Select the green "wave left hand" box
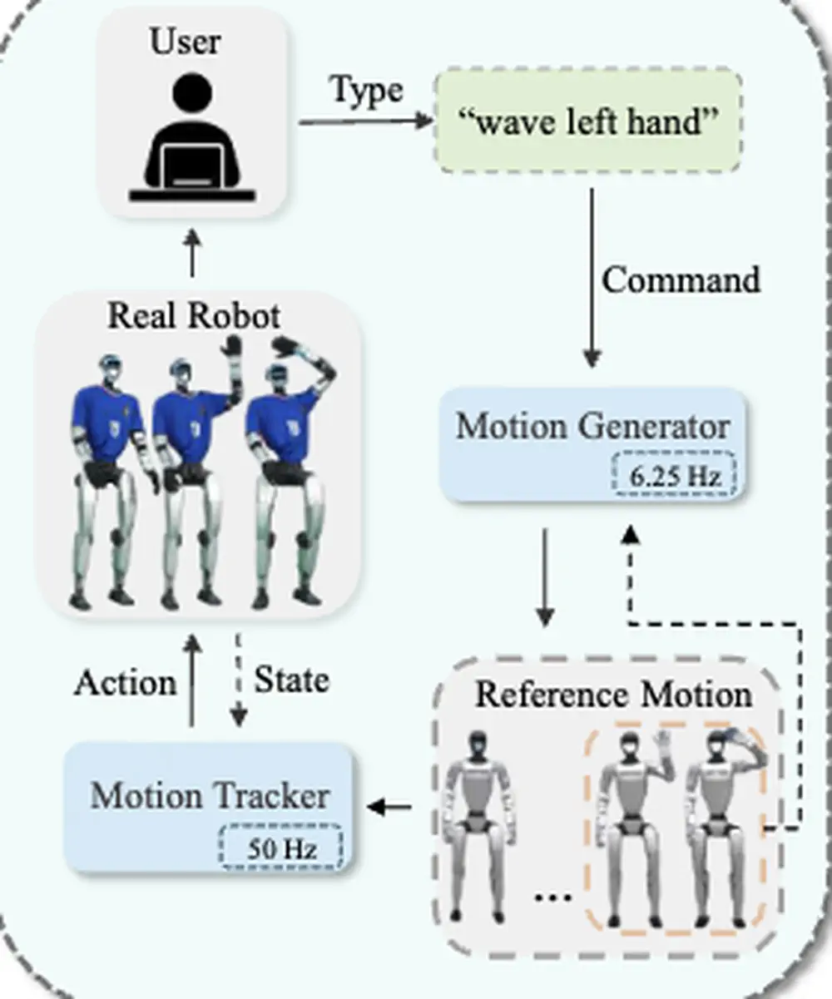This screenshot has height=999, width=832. [x=588, y=122]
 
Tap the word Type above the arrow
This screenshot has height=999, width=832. [x=367, y=90]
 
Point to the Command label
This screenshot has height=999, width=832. [x=681, y=279]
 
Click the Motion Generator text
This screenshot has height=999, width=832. [x=592, y=427]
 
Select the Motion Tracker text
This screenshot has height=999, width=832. [x=210, y=796]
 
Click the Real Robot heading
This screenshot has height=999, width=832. [x=194, y=317]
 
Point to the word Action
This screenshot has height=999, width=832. [x=125, y=683]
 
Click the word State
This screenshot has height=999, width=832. [x=290, y=680]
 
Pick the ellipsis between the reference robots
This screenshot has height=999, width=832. [x=552, y=897]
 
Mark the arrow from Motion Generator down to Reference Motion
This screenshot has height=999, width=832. [x=545, y=579]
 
